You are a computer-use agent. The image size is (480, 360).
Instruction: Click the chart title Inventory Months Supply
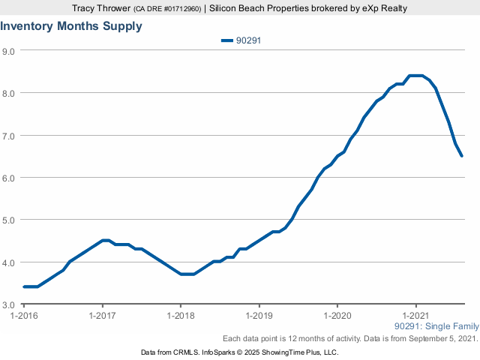point(71,26)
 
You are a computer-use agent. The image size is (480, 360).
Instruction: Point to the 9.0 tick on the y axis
point(10,50)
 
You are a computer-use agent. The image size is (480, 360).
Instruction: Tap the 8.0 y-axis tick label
point(10,93)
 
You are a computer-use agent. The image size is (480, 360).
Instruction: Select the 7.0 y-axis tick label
point(10,135)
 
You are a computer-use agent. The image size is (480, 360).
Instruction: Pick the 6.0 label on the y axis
point(10,178)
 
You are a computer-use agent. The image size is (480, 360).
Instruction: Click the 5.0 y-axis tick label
point(10,220)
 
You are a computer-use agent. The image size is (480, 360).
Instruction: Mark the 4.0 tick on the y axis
point(10,262)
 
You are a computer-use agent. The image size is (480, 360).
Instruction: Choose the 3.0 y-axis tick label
point(10,304)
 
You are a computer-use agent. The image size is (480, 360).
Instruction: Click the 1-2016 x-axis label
point(23,315)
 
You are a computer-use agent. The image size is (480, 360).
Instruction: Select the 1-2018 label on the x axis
point(180,315)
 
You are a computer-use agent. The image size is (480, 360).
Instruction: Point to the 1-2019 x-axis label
point(259,315)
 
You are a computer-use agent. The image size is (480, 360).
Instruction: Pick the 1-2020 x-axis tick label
point(337,315)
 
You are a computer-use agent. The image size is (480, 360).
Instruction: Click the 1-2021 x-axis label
point(415,315)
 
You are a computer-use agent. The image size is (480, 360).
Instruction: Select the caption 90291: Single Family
point(436,326)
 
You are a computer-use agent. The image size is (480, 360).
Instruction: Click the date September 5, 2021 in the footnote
point(439,339)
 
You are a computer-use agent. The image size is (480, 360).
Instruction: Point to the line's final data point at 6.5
point(462,156)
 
